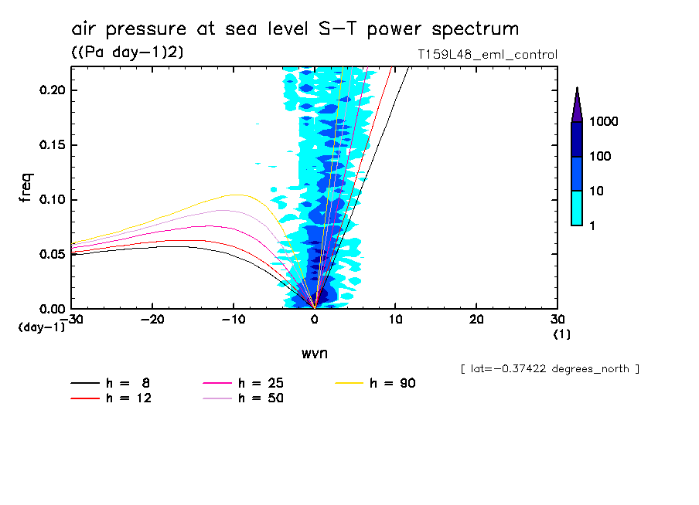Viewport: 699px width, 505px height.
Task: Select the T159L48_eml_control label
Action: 486,55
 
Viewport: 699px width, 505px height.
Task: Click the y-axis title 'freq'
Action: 26,188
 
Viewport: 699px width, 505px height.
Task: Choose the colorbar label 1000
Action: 606,122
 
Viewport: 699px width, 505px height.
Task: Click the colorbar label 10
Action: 600,191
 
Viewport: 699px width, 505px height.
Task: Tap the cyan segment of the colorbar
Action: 577,208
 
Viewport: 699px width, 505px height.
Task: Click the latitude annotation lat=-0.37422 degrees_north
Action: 549,369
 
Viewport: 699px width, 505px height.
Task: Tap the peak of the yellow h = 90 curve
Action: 235,195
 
